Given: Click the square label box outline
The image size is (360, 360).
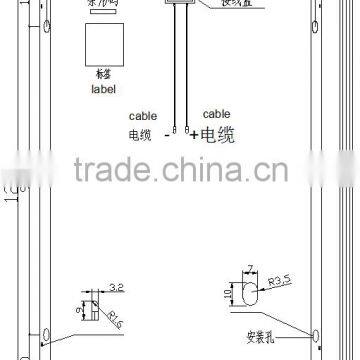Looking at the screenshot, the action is [x=104, y=45].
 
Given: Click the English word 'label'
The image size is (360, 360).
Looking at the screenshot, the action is [x=104, y=88].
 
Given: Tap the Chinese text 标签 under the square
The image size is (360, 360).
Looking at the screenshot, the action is [x=104, y=76].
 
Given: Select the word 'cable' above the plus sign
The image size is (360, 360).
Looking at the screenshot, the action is [x=216, y=115].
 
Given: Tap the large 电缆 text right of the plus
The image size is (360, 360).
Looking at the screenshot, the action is [x=217, y=133].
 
